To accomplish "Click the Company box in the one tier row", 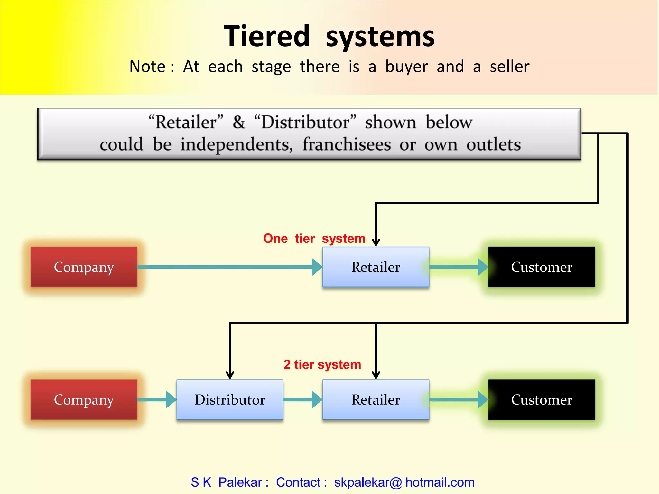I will click(84, 267).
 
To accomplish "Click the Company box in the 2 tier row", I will click(84, 399).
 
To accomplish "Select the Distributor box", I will click(230, 399).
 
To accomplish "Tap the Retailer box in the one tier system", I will click(376, 267).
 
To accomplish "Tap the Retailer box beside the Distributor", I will click(376, 399).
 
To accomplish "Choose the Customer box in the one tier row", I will click(542, 267).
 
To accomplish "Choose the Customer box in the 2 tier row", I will click(542, 399).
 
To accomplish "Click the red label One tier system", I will click(314, 239).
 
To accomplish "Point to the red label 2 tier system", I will click(322, 365).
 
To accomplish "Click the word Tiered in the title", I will click(266, 36).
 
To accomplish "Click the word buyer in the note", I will click(406, 67).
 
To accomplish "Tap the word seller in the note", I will click(509, 67).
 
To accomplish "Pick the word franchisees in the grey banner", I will click(347, 144).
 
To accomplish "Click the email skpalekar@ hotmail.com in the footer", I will click(404, 482).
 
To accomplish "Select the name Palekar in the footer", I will click(240, 482).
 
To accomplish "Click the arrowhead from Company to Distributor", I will click(171, 399).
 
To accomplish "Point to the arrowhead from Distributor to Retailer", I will click(317, 399).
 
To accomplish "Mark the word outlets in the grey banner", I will click(493, 144).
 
